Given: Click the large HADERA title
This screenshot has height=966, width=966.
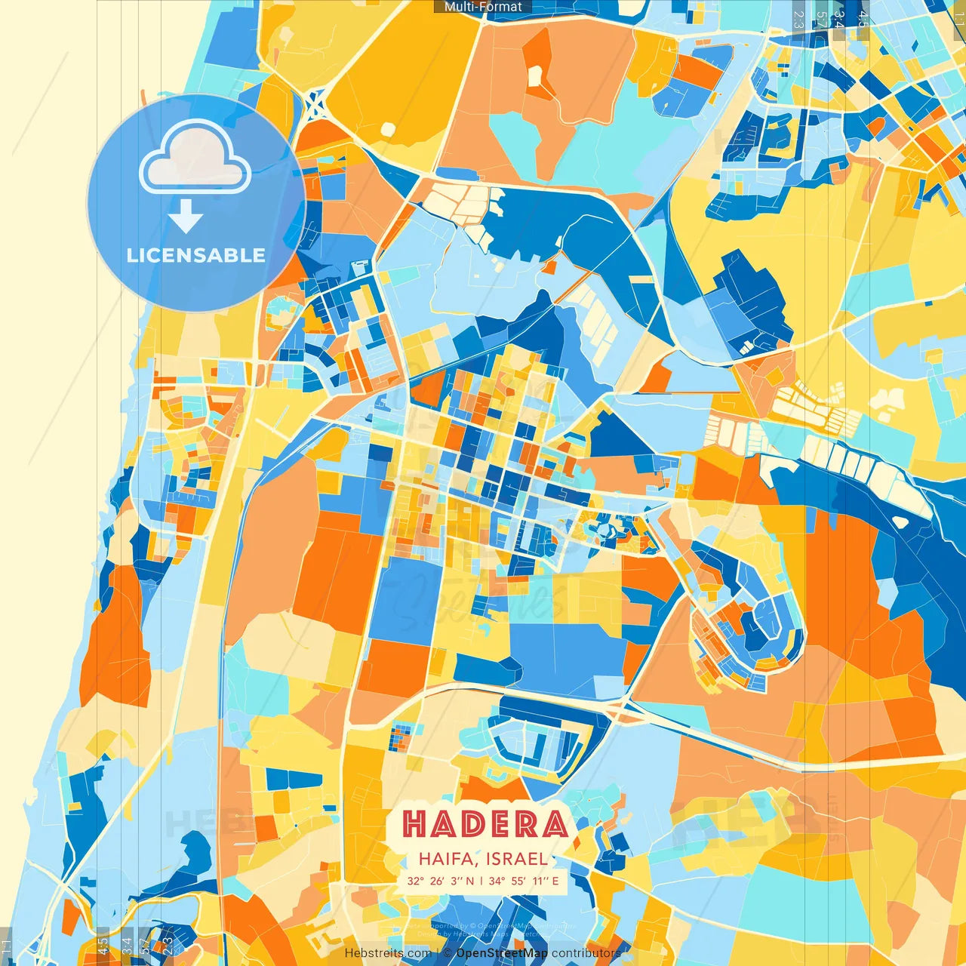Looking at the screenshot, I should (485, 823).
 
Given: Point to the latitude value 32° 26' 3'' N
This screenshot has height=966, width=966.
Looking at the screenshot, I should (441, 881).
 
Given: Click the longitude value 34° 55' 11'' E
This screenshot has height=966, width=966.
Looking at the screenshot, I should (524, 881).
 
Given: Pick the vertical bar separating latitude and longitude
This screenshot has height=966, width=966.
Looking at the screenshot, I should (481, 881).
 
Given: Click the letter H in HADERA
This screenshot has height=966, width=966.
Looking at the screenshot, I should (417, 823).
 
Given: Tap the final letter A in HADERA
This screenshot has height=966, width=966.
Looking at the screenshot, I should (555, 823).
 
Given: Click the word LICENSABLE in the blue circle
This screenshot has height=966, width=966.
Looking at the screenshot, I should (196, 255).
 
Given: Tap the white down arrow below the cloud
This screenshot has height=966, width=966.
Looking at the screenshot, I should (185, 218).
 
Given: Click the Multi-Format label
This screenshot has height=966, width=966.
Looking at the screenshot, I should (483, 7).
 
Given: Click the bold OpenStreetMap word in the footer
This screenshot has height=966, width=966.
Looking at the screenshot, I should (502, 953).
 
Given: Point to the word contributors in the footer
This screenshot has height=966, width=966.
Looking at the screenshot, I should (586, 953).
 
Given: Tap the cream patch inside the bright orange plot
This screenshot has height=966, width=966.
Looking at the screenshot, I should (535, 76).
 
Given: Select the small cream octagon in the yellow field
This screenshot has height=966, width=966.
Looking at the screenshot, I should (387, 129).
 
